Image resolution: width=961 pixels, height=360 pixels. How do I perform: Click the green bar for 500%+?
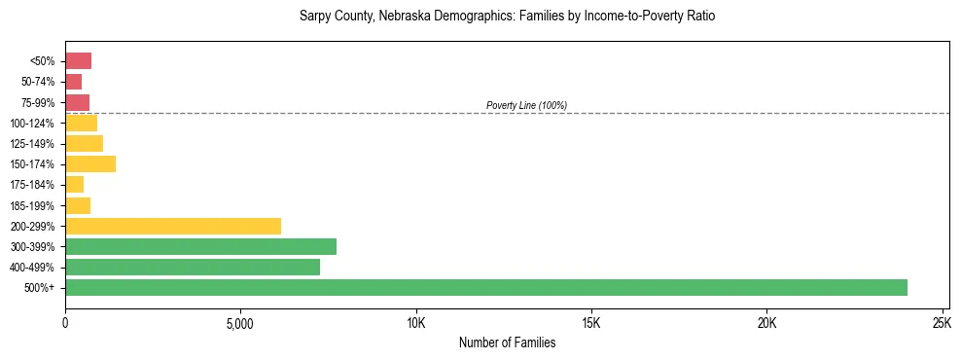486,287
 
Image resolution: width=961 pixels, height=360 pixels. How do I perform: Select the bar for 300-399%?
200,246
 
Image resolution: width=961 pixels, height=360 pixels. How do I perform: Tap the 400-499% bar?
193,267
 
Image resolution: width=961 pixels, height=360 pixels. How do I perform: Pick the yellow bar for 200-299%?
173,226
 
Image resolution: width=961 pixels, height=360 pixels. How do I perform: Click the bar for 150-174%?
90,164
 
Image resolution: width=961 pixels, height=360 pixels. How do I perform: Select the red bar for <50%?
78,61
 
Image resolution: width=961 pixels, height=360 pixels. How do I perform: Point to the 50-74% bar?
73,82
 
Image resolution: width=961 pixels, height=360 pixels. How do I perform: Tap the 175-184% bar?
74,185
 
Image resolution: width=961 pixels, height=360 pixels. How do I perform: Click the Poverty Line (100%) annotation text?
526,105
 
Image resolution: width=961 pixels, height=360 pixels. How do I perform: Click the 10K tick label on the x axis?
416,323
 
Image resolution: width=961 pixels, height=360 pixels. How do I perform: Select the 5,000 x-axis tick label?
240,323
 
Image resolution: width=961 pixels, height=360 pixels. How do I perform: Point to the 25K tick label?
942,323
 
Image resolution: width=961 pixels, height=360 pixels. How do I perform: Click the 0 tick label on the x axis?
65,323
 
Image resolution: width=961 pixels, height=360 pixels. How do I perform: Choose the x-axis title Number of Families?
507,342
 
